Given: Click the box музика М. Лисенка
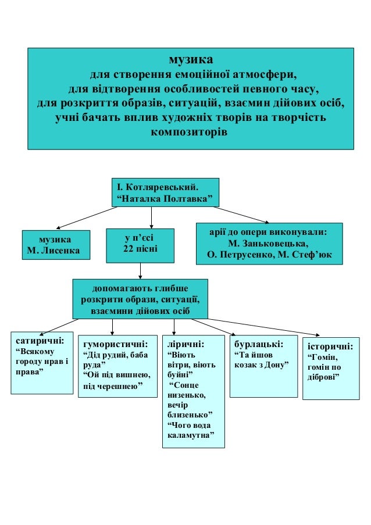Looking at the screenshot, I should click(x=56, y=244).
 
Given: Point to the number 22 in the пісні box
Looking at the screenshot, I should click(x=129, y=249).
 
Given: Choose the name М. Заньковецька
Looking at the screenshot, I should click(x=269, y=243).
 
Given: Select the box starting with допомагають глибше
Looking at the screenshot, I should click(x=140, y=299).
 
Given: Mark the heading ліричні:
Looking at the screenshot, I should click(x=185, y=343).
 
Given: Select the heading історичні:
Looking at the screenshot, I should click(x=330, y=347).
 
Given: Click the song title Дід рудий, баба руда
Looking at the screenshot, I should click(x=116, y=360).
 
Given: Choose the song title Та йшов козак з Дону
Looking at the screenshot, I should click(x=261, y=359).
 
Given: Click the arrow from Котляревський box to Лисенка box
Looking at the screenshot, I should click(x=85, y=218).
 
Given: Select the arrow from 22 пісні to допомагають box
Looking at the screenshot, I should click(x=141, y=270).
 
